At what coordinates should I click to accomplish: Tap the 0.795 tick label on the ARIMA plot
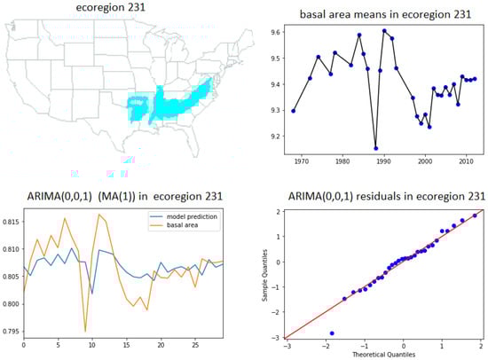pyautogui.click(x=11, y=333)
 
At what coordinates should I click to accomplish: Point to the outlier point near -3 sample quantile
pyautogui.click(x=332, y=333)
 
